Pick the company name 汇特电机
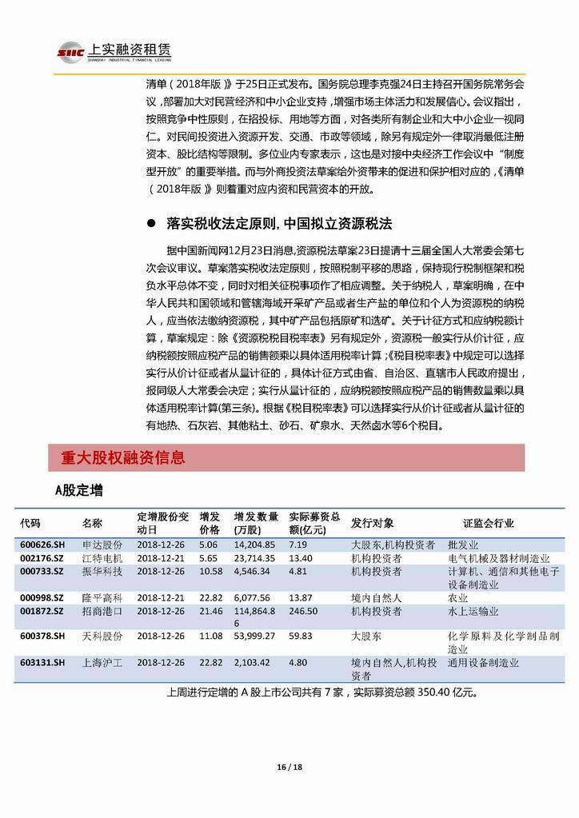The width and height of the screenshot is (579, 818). pos(102,557)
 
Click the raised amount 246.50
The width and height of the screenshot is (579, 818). pos(303,611)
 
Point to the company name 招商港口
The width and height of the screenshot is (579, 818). pos(102,611)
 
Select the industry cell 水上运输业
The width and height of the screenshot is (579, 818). pos(473,611)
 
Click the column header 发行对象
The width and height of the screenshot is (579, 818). pos(372,523)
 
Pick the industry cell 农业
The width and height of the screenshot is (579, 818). pos(457,597)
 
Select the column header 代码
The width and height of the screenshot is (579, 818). pos(30,523)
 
